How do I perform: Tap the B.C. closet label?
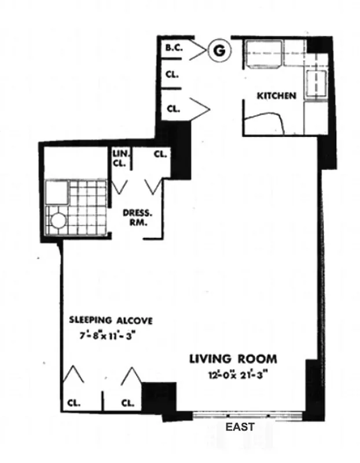(174, 49)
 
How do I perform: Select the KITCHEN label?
(277, 95)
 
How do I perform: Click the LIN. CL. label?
(122, 158)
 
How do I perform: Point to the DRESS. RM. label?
(134, 216)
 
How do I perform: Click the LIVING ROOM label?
(233, 359)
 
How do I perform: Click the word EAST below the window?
(240, 427)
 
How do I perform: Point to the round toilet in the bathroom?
(58, 221)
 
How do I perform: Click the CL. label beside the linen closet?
(160, 155)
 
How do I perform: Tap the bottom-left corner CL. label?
(74, 402)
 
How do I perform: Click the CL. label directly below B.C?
(172, 75)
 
